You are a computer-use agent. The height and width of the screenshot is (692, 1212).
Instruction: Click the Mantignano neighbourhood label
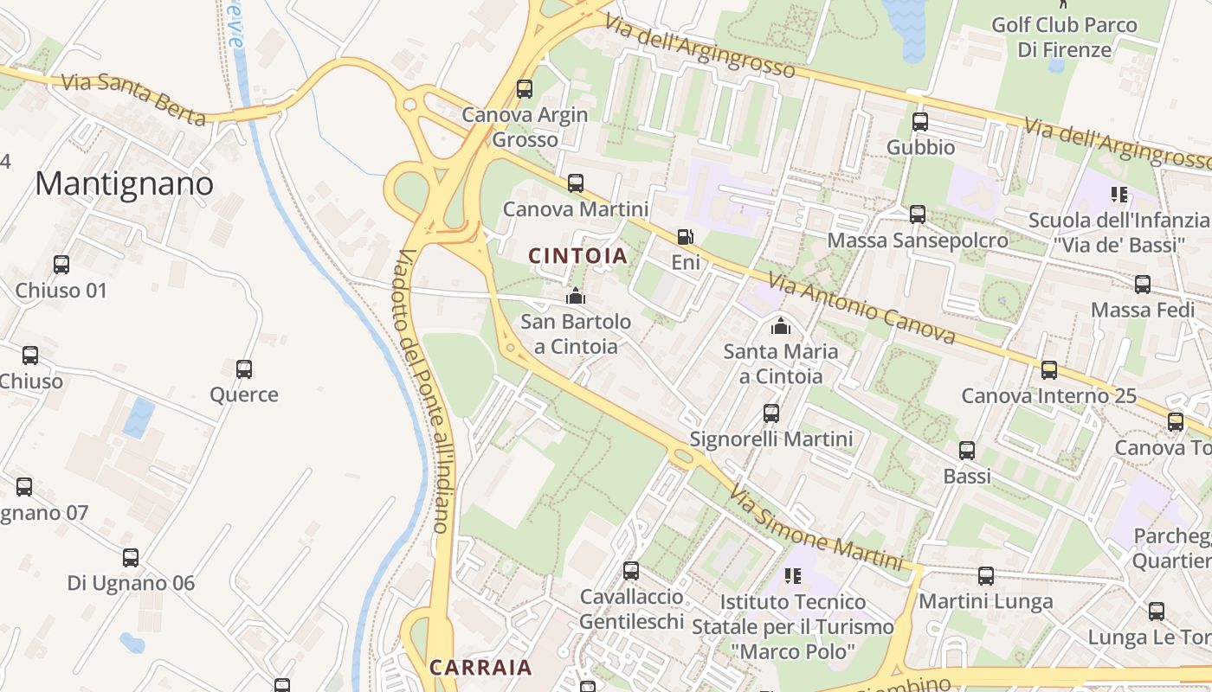coord(124,183)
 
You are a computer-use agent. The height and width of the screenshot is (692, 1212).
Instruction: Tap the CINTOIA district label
coord(577,255)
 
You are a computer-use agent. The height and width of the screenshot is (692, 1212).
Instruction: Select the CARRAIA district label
coord(480,667)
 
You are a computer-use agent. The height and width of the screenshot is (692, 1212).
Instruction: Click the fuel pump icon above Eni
coord(685,236)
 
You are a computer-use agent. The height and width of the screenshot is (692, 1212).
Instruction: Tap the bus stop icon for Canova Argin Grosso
coord(524,88)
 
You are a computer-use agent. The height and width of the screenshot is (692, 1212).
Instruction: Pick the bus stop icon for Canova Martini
coord(575,183)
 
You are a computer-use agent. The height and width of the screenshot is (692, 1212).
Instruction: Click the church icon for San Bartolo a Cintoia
coord(575,296)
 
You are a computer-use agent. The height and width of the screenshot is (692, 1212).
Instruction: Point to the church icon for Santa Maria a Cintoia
coord(780,325)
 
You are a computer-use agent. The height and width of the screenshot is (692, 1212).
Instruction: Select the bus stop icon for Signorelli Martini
coord(770,413)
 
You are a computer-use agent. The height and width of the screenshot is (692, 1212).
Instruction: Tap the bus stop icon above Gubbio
coord(919,122)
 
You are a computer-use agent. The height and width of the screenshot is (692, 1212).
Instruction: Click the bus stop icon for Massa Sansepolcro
coord(918,215)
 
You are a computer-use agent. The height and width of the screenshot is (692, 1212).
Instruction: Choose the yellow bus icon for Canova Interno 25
coord(1048,370)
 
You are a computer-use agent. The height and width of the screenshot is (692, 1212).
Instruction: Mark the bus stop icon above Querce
coord(244,369)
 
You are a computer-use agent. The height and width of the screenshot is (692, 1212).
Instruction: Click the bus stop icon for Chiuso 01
coord(61,265)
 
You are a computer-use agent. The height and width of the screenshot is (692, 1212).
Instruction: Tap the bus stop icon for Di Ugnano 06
coord(131,558)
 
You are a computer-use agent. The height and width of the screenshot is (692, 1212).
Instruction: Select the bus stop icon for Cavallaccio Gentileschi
coord(631,571)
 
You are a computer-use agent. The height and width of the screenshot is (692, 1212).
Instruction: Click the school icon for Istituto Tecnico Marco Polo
coord(792,575)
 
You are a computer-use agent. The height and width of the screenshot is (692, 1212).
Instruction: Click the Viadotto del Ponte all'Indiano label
coord(423,389)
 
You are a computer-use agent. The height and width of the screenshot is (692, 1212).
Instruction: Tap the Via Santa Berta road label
coord(134,99)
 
